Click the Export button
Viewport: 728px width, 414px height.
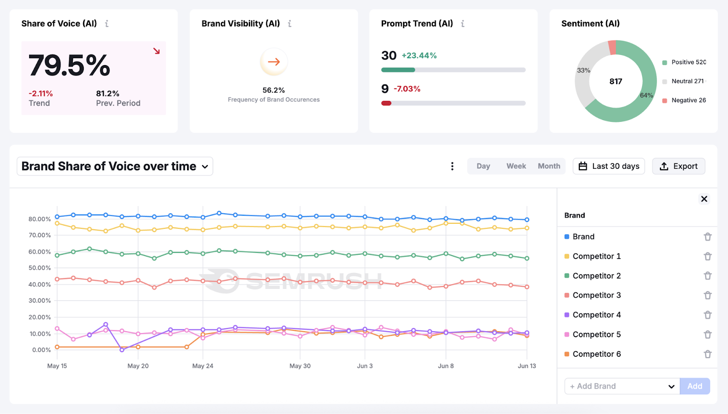[678, 166]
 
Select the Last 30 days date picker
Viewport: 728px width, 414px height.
[608, 166]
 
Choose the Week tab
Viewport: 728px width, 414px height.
[516, 166]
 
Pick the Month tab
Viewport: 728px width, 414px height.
[549, 166]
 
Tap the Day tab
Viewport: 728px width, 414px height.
[483, 166]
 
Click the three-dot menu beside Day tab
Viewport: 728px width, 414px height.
[452, 166]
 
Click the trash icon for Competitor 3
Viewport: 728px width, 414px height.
[708, 295]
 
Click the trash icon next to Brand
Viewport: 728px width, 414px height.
[708, 237]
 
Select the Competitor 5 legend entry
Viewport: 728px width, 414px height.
[596, 334]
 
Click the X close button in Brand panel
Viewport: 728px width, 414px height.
[704, 199]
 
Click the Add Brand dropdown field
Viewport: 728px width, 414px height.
[622, 386]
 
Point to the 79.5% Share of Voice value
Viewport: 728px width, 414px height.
[69, 66]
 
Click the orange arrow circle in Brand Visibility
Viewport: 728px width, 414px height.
[273, 62]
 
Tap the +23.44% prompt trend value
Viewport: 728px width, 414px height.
[419, 56]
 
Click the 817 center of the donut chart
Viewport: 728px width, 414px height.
[616, 81]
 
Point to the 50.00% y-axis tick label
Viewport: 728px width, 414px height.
[40, 268]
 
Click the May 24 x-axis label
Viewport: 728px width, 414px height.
[202, 366]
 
